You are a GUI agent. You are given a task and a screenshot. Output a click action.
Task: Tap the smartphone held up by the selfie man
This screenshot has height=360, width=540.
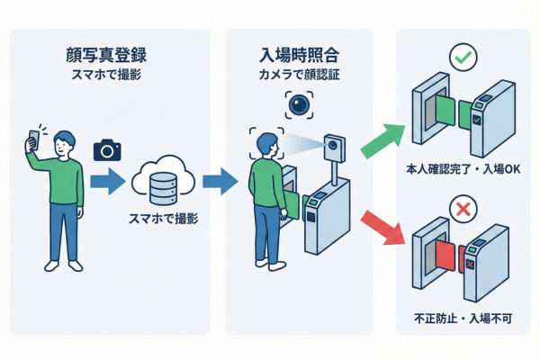click(33, 140)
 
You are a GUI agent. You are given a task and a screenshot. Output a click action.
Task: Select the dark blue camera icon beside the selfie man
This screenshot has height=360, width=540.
click(107, 148)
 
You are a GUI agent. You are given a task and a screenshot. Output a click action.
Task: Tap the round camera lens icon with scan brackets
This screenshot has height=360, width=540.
click(300, 107)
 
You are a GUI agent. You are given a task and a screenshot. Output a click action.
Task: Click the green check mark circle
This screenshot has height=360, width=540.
click(463, 58)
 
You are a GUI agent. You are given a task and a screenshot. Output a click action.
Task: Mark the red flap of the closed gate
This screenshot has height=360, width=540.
click(445, 259)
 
